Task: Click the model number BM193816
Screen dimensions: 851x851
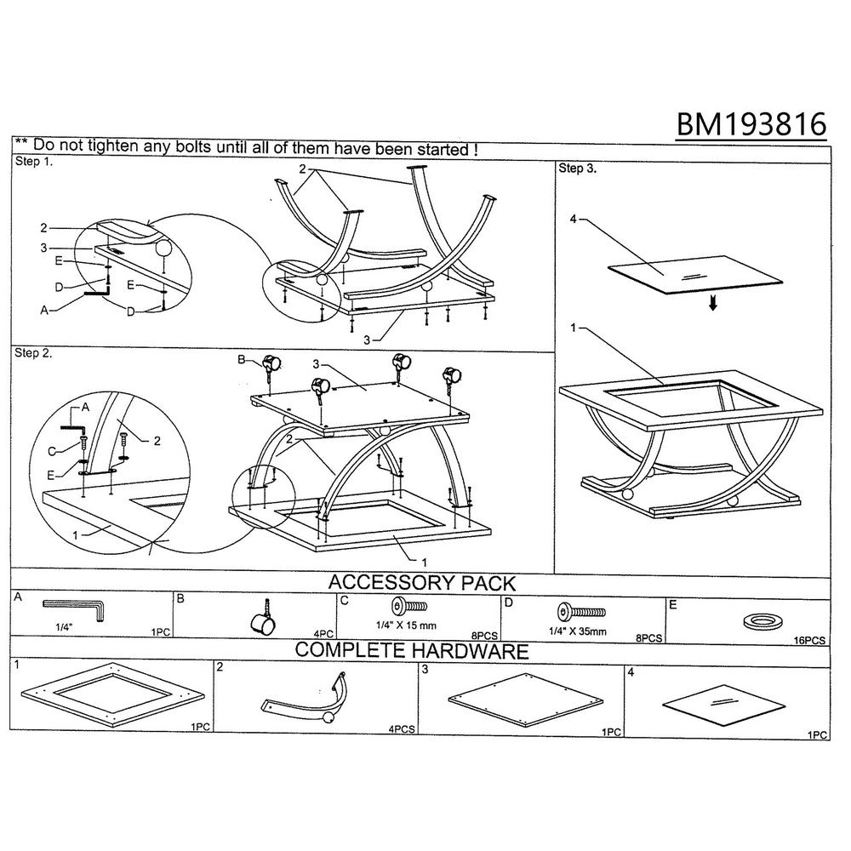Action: [751, 124]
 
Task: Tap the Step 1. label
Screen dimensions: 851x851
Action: [34, 161]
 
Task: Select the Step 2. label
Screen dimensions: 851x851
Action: [34, 353]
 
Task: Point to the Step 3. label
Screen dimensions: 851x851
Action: [578, 168]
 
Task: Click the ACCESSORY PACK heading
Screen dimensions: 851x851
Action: [422, 582]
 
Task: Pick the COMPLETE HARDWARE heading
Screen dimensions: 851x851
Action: [412, 650]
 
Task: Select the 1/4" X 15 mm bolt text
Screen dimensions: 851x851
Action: [407, 625]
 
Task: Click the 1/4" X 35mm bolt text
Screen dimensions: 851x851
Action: [578, 631]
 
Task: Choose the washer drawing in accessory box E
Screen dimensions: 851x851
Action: [762, 621]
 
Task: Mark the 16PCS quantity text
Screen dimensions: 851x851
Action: [809, 641]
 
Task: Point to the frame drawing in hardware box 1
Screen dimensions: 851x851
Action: [113, 695]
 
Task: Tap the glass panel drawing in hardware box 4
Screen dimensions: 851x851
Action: [723, 705]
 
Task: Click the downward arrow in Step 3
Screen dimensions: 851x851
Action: [713, 304]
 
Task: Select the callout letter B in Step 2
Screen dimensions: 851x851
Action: [242, 359]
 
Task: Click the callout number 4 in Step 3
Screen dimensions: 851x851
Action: [573, 219]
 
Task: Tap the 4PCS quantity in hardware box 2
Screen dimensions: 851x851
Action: [402, 729]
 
